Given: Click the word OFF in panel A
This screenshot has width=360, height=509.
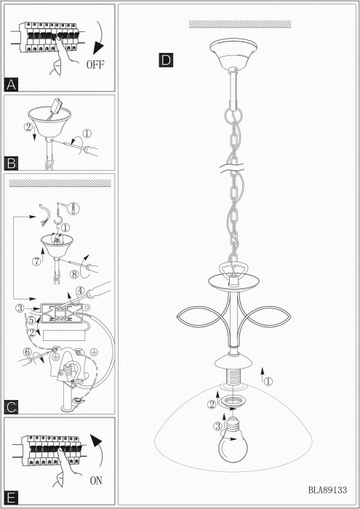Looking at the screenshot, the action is click(x=95, y=65).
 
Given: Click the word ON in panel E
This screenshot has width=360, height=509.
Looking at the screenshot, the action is click(x=96, y=481).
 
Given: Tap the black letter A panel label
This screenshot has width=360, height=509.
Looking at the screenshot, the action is click(x=11, y=84).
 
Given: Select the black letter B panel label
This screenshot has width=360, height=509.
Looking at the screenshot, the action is click(x=11, y=163).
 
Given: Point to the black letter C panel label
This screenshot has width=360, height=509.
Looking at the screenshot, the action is click(x=11, y=407).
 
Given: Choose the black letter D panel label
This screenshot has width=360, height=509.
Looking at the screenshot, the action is click(x=166, y=60).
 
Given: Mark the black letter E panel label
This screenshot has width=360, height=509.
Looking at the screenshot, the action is click(x=11, y=497).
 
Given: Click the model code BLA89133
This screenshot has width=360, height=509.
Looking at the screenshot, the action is click(x=327, y=489).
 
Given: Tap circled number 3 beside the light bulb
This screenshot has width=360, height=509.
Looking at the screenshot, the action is click(x=217, y=427).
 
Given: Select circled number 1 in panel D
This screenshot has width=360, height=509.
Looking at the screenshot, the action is click(x=268, y=382).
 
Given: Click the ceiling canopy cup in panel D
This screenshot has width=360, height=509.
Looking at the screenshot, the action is click(x=233, y=53).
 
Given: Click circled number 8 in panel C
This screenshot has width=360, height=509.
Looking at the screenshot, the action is click(x=75, y=274).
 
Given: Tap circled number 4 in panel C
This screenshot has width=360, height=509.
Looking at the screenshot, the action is click(x=80, y=290).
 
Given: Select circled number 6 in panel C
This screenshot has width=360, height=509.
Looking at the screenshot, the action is click(x=27, y=352).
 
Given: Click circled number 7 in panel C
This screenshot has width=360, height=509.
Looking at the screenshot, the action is click(x=36, y=262).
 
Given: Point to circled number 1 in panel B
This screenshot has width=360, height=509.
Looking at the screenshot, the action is click(x=87, y=133).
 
